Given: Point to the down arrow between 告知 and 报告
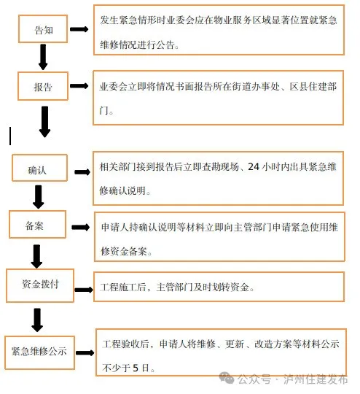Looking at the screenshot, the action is coord(43,57).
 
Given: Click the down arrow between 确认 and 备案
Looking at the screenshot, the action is coord(39,197).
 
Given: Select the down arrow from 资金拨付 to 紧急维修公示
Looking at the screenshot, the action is coord(37,320).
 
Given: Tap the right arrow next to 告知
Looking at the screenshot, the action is coord(79,29).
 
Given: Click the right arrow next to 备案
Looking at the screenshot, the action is coord(81,227).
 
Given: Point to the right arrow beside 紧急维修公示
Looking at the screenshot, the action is coord(85,353).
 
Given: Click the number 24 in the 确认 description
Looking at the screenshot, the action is coord(253,167).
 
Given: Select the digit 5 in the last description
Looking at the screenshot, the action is coord(136,368).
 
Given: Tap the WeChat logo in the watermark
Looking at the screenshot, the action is coord(227,378).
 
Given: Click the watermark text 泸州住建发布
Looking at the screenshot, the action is coord(316,379).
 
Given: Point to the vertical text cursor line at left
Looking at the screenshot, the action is coord(10,136).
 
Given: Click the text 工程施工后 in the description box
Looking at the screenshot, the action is coord(123,287).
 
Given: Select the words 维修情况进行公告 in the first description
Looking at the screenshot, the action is coord(137,45).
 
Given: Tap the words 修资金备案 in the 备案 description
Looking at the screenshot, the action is coord(124,251).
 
